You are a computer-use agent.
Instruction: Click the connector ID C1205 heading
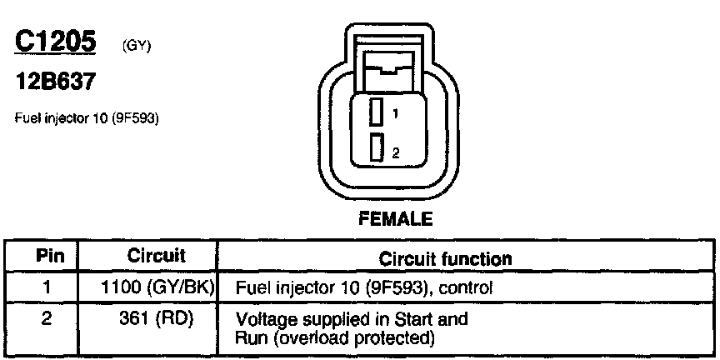click(x=56, y=42)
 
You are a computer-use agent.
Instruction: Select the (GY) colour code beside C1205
click(x=135, y=47)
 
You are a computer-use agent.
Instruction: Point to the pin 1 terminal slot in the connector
click(x=377, y=112)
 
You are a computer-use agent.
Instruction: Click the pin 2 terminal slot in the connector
click(x=377, y=148)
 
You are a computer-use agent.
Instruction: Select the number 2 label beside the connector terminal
click(x=396, y=152)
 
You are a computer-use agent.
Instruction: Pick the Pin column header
click(x=47, y=257)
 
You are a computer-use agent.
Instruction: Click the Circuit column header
click(x=156, y=257)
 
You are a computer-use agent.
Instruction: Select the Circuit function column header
click(x=445, y=258)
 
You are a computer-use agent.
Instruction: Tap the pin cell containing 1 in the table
click(x=47, y=288)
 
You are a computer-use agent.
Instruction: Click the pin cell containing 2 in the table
click(x=47, y=318)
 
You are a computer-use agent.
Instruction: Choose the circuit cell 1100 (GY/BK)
click(x=157, y=288)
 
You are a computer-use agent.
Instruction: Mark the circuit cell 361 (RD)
click(x=157, y=318)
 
